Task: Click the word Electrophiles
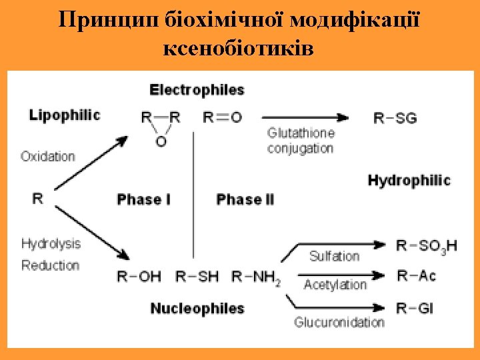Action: pyautogui.click(x=197, y=89)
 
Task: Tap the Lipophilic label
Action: pyautogui.click(x=65, y=115)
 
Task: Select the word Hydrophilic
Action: pyautogui.click(x=409, y=180)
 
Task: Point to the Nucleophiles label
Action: pyautogui.click(x=197, y=308)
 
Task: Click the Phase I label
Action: pyautogui.click(x=143, y=199)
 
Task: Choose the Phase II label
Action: pyautogui.click(x=245, y=199)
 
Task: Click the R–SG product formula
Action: pyautogui.click(x=395, y=119)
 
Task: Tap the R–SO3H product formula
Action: pyautogui.click(x=427, y=246)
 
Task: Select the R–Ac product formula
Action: pyautogui.click(x=415, y=275)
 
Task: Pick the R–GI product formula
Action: pyautogui.click(x=415, y=308)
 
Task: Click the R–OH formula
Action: pyautogui.click(x=139, y=276)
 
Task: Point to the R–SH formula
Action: pyautogui.click(x=197, y=276)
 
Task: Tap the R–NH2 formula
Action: pyautogui.click(x=256, y=277)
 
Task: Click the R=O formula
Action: pyautogui.click(x=222, y=117)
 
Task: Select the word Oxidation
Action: pyautogui.click(x=48, y=157)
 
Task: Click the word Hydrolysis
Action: pyautogui.click(x=51, y=243)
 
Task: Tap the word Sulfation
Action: pyautogui.click(x=334, y=256)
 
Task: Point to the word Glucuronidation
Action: pyautogui.click(x=339, y=322)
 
